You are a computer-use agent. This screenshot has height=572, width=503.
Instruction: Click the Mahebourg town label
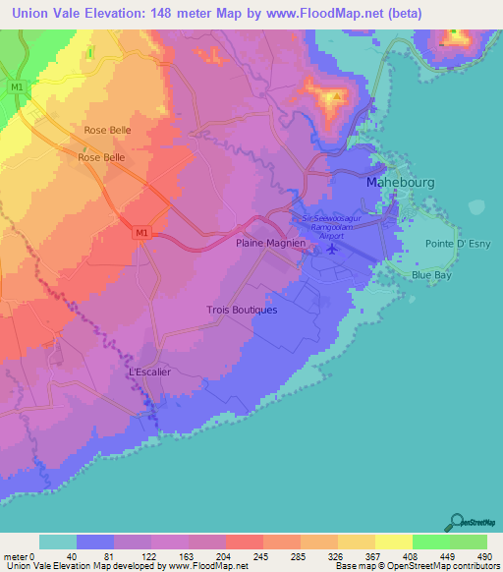point(399,183)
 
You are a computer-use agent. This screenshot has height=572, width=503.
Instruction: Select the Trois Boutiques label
point(242,310)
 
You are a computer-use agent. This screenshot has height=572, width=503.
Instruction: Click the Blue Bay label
point(432,276)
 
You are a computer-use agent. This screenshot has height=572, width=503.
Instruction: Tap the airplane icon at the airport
point(331,247)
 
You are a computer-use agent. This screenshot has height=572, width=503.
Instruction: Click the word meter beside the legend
point(15,555)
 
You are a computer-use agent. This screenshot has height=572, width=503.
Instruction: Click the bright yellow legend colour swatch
point(393,542)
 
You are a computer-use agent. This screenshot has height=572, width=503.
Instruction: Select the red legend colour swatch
point(244,542)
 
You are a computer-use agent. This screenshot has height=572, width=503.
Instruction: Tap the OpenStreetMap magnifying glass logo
point(457,522)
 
